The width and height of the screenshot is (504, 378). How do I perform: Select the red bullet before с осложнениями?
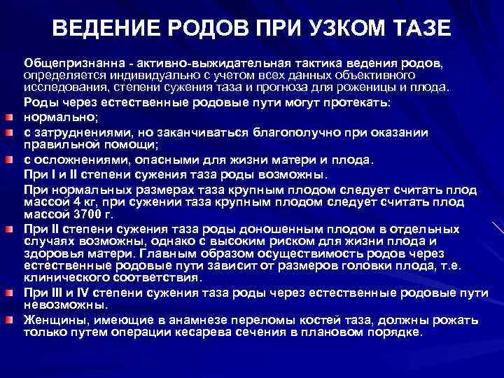(12, 160)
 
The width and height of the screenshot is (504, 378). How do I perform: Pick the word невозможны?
(55, 304)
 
